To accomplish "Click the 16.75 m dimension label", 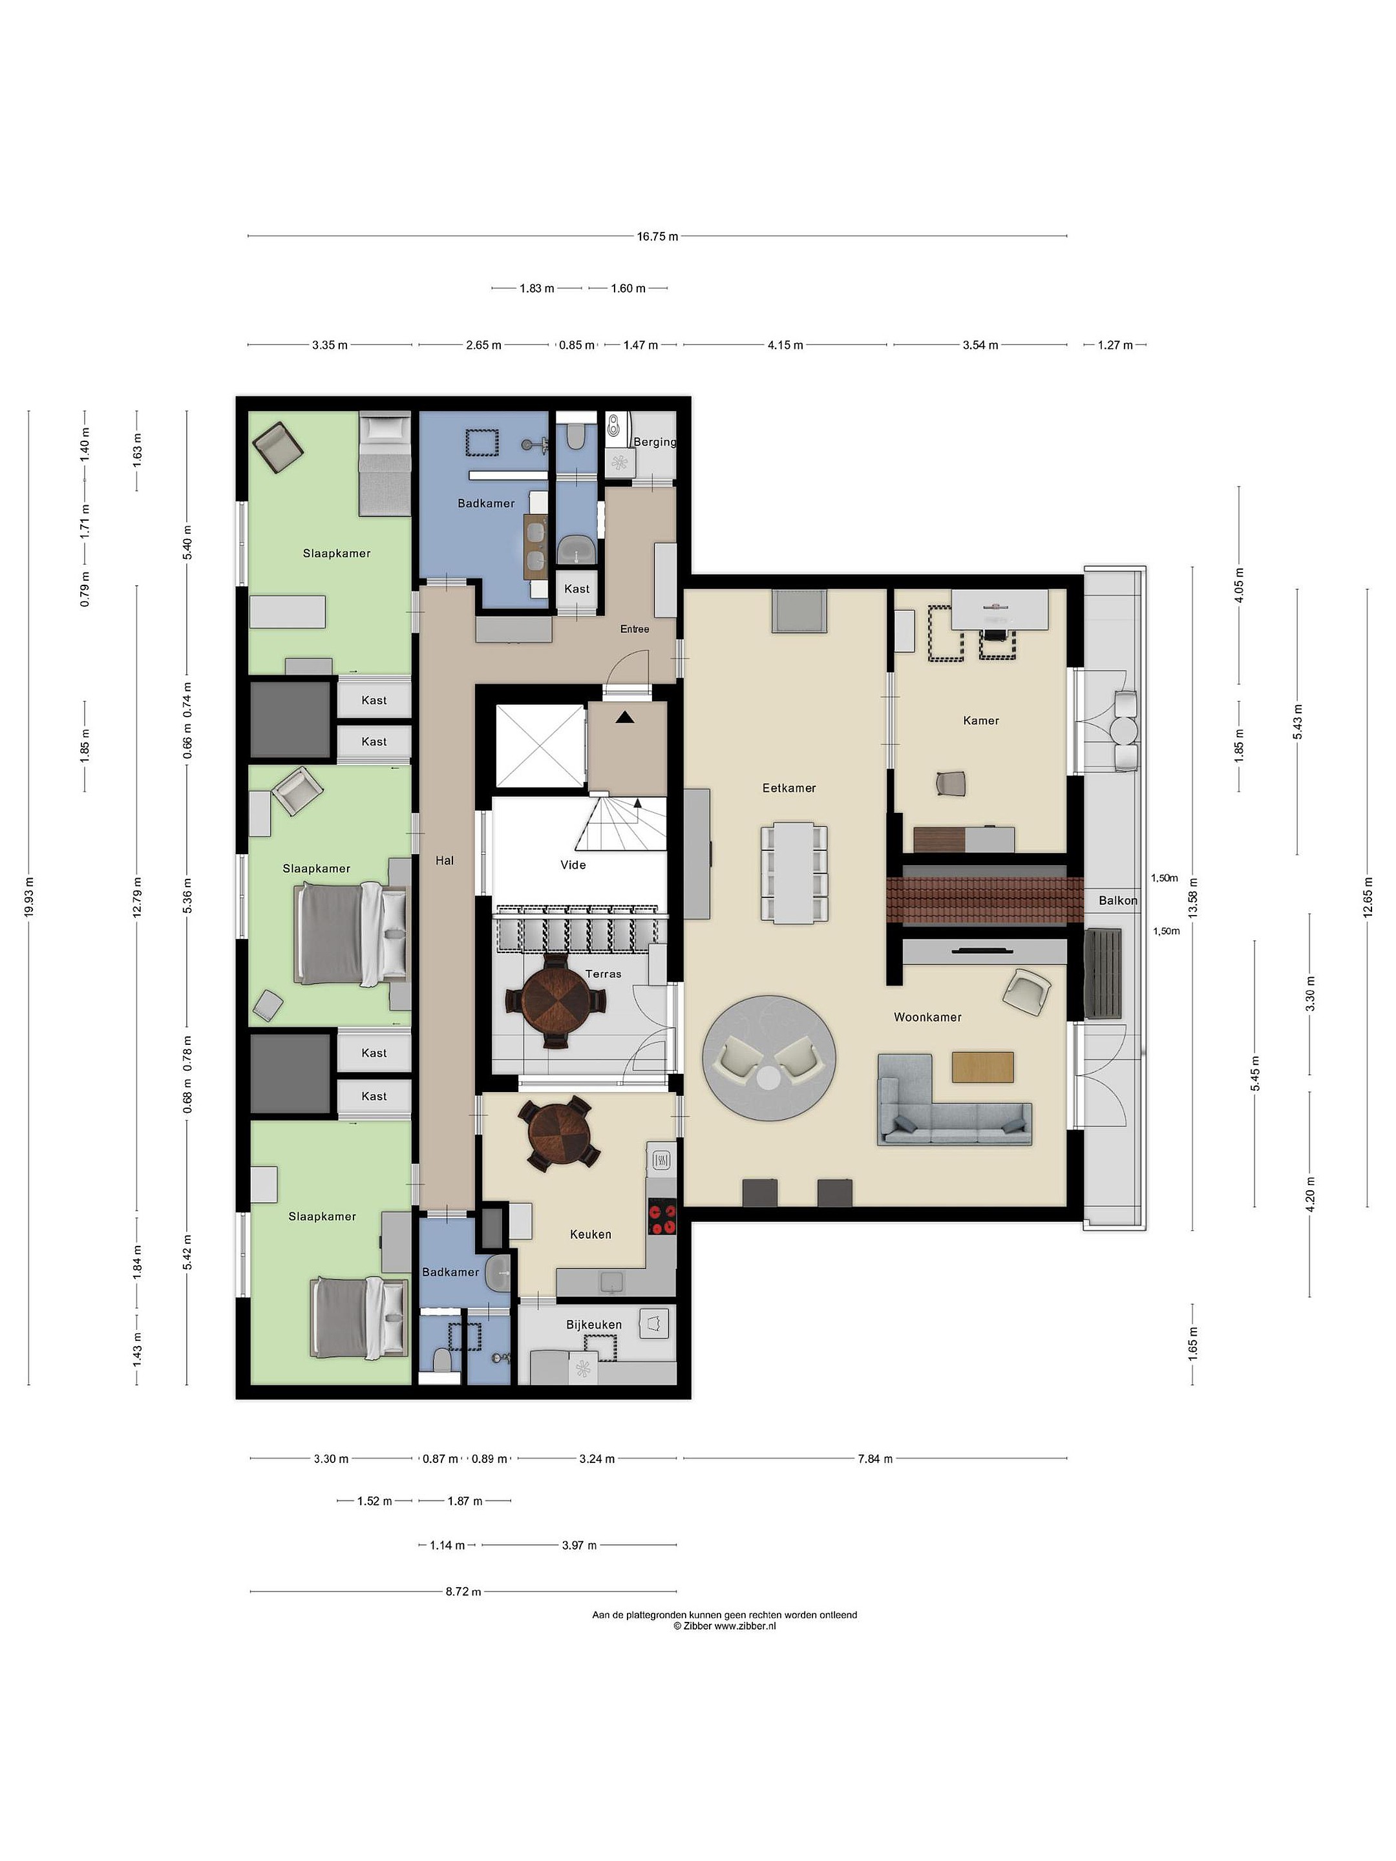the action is tap(657, 237).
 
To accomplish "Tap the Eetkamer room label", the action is tap(788, 788).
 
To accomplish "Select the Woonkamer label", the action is tap(927, 1017).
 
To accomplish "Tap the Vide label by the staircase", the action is tap(573, 865).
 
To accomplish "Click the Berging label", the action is tap(655, 442).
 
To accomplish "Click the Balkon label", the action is tap(1117, 900).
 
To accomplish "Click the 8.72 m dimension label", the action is tap(463, 1591).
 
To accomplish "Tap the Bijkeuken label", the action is tap(594, 1324).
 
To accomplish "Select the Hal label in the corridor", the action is tap(444, 860).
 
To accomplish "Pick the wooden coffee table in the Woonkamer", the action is tap(983, 1067).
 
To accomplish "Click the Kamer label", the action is tap(981, 720).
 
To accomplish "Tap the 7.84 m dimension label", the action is tap(875, 1459).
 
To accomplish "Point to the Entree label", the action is tap(635, 629).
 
